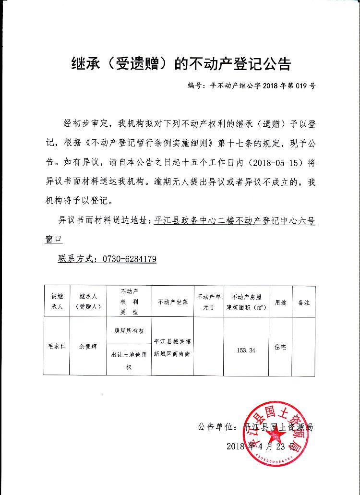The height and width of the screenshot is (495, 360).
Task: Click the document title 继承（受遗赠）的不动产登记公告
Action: coord(180,64)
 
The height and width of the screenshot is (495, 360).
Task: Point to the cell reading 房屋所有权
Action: coord(129,331)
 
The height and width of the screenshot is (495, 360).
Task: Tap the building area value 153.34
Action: coord(246,350)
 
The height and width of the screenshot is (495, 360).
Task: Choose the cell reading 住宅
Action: coord(280,347)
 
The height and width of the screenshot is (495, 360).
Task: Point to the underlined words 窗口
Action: coord(54,239)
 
